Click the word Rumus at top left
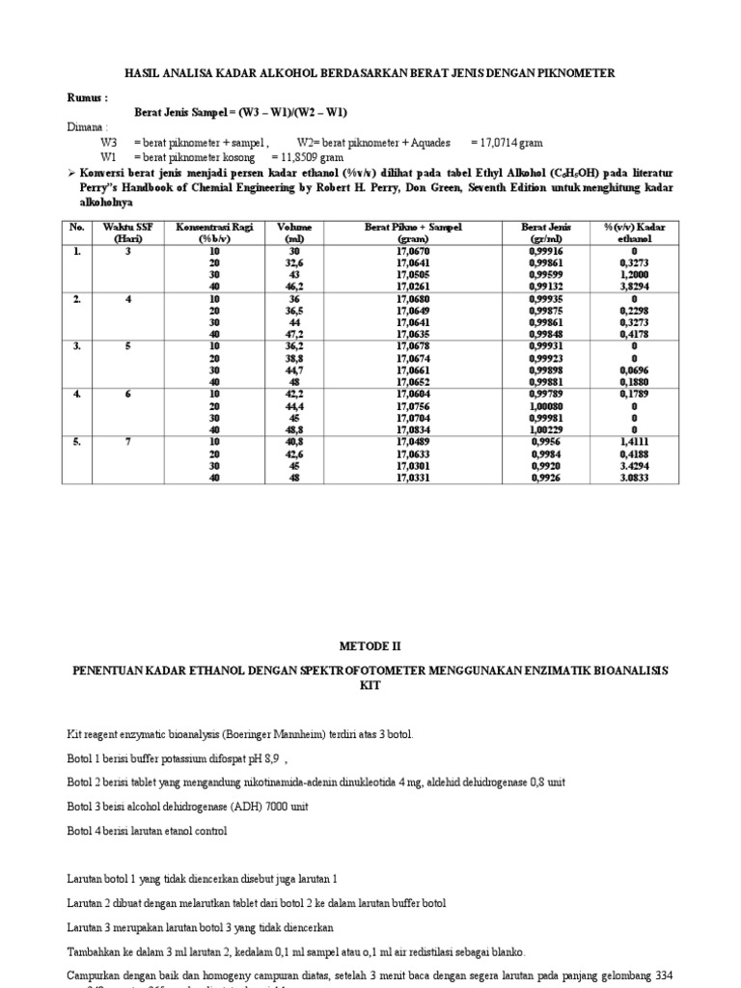pyautogui.click(x=86, y=97)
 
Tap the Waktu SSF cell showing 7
pyautogui.click(x=127, y=442)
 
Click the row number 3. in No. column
pyautogui.click(x=76, y=346)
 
